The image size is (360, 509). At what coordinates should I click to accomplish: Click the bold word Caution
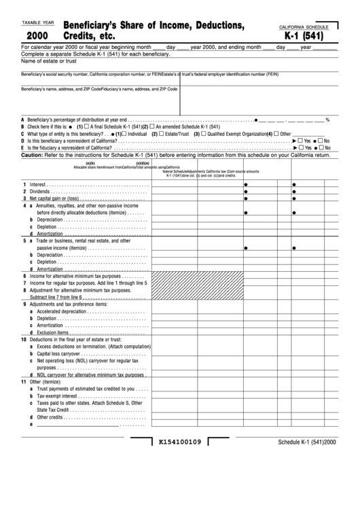click(x=32, y=155)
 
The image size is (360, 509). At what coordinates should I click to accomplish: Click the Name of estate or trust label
click(x=46, y=62)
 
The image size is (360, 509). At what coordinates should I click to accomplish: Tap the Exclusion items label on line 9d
click(x=52, y=333)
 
